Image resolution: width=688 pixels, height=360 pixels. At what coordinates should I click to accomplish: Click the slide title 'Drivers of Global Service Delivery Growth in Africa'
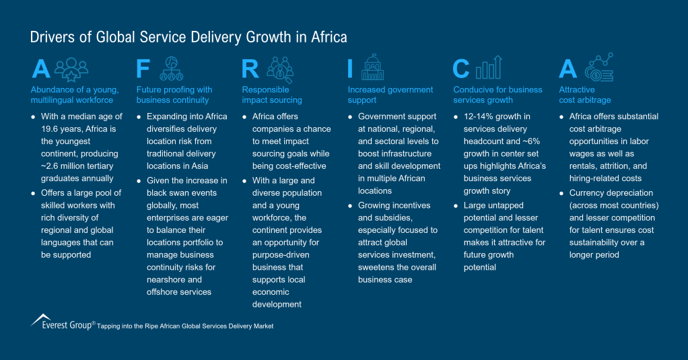tap(188, 36)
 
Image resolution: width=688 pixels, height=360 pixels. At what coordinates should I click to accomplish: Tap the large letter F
tap(143, 69)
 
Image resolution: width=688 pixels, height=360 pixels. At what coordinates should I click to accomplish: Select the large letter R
tap(250, 69)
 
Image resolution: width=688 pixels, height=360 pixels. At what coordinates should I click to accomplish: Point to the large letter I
tap(350, 69)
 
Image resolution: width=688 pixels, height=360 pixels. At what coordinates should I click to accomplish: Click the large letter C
tap(461, 69)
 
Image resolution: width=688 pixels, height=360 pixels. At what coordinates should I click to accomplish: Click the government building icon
tap(372, 67)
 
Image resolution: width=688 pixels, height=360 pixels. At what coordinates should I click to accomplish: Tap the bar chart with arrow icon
tap(489, 67)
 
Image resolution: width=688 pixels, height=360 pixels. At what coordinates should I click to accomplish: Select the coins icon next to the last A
tap(598, 67)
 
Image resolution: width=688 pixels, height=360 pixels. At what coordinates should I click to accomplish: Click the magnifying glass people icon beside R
tap(279, 69)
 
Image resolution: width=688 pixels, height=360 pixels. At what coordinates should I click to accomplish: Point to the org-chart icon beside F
tap(172, 68)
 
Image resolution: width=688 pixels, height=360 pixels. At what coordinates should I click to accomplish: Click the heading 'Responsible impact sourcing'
tap(272, 95)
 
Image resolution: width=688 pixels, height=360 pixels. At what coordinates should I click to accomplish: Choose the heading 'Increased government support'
tap(390, 95)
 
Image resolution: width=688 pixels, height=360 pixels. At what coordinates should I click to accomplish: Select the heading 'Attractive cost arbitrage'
tap(584, 95)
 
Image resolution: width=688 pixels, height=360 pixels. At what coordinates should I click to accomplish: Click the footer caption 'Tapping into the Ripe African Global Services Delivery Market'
tap(185, 326)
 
